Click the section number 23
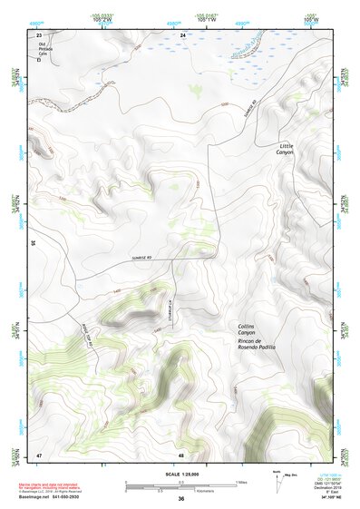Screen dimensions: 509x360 coord(39,34)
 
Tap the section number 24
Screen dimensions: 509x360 coord(182,34)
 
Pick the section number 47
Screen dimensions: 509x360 coord(39,454)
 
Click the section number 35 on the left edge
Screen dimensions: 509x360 coord(32,243)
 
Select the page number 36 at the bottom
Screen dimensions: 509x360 coord(181,499)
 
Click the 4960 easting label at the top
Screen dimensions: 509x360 coord(35,22)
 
